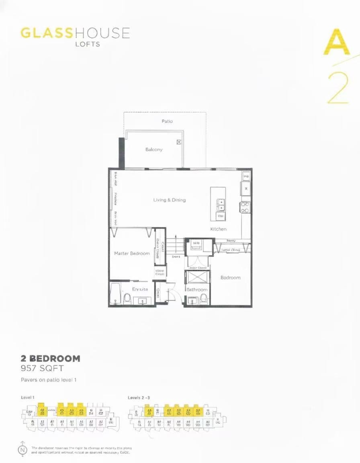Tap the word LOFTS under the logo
[88, 44]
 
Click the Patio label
[167, 121]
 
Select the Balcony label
[154, 150]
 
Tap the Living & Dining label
[170, 200]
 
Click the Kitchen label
[218, 229]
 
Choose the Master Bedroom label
[132, 253]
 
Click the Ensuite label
[140, 289]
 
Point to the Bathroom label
[197, 289]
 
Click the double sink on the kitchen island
[221, 205]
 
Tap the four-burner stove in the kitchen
[245, 207]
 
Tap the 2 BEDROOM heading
[51, 358]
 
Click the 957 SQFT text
[42, 368]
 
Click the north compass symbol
[23, 449]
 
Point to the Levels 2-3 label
[139, 397]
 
